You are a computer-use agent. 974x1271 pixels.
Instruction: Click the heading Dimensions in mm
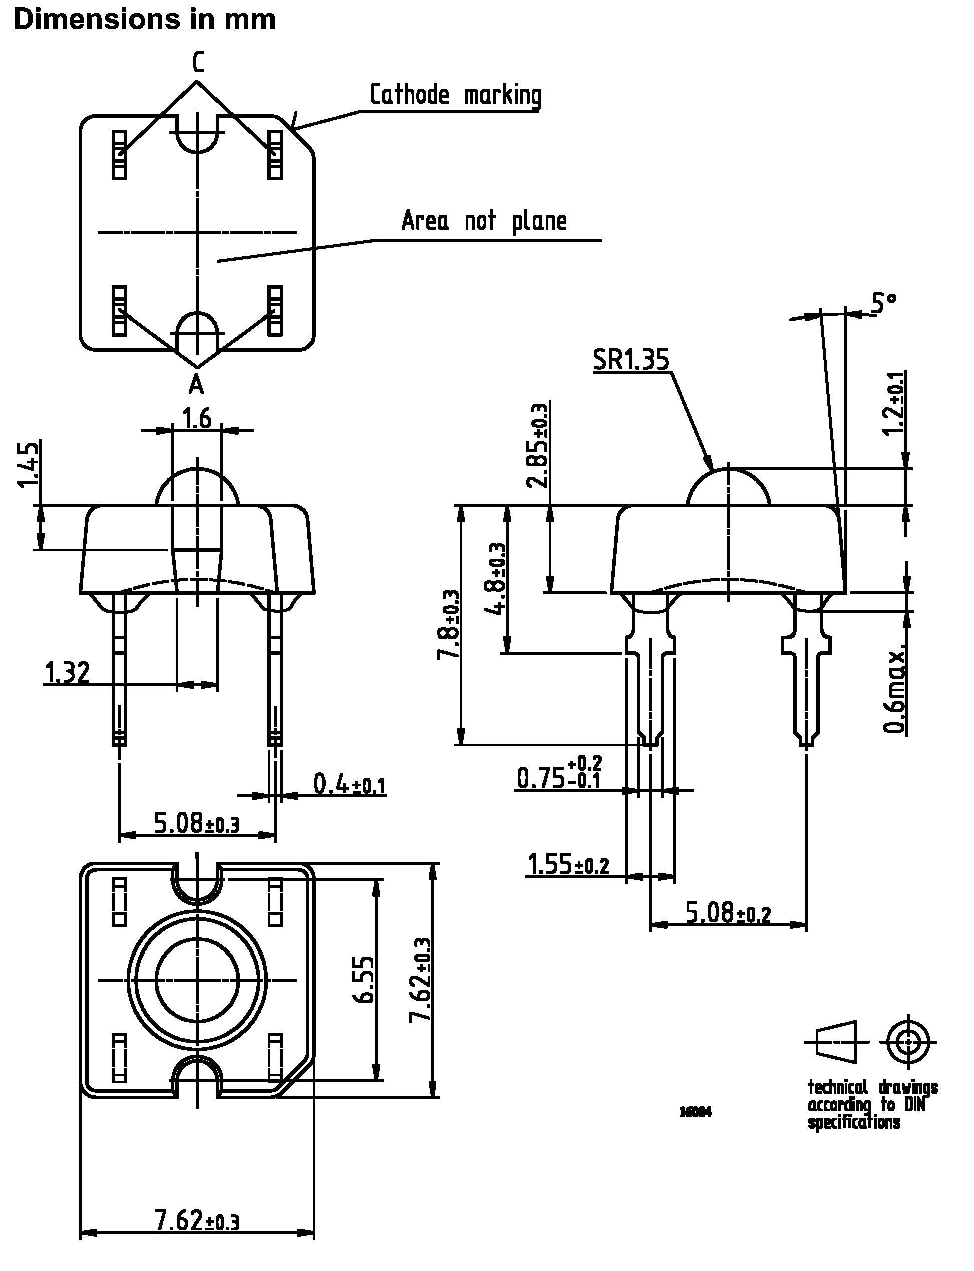pyautogui.click(x=144, y=20)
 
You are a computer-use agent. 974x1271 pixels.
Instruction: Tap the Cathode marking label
pyautogui.click(x=456, y=95)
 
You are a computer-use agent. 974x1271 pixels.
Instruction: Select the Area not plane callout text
pyautogui.click(x=484, y=221)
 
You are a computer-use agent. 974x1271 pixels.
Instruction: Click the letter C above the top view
pyautogui.click(x=198, y=62)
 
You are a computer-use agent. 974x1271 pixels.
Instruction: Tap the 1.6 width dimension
pyautogui.click(x=197, y=418)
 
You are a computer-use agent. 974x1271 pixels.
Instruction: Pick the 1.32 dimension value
pyautogui.click(x=67, y=673)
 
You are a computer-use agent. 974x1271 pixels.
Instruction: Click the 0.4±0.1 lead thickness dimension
pyautogui.click(x=349, y=785)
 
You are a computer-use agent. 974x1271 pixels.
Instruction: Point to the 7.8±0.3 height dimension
pyautogui.click(x=448, y=625)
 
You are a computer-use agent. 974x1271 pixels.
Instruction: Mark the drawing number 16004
pyautogui.click(x=695, y=1112)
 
